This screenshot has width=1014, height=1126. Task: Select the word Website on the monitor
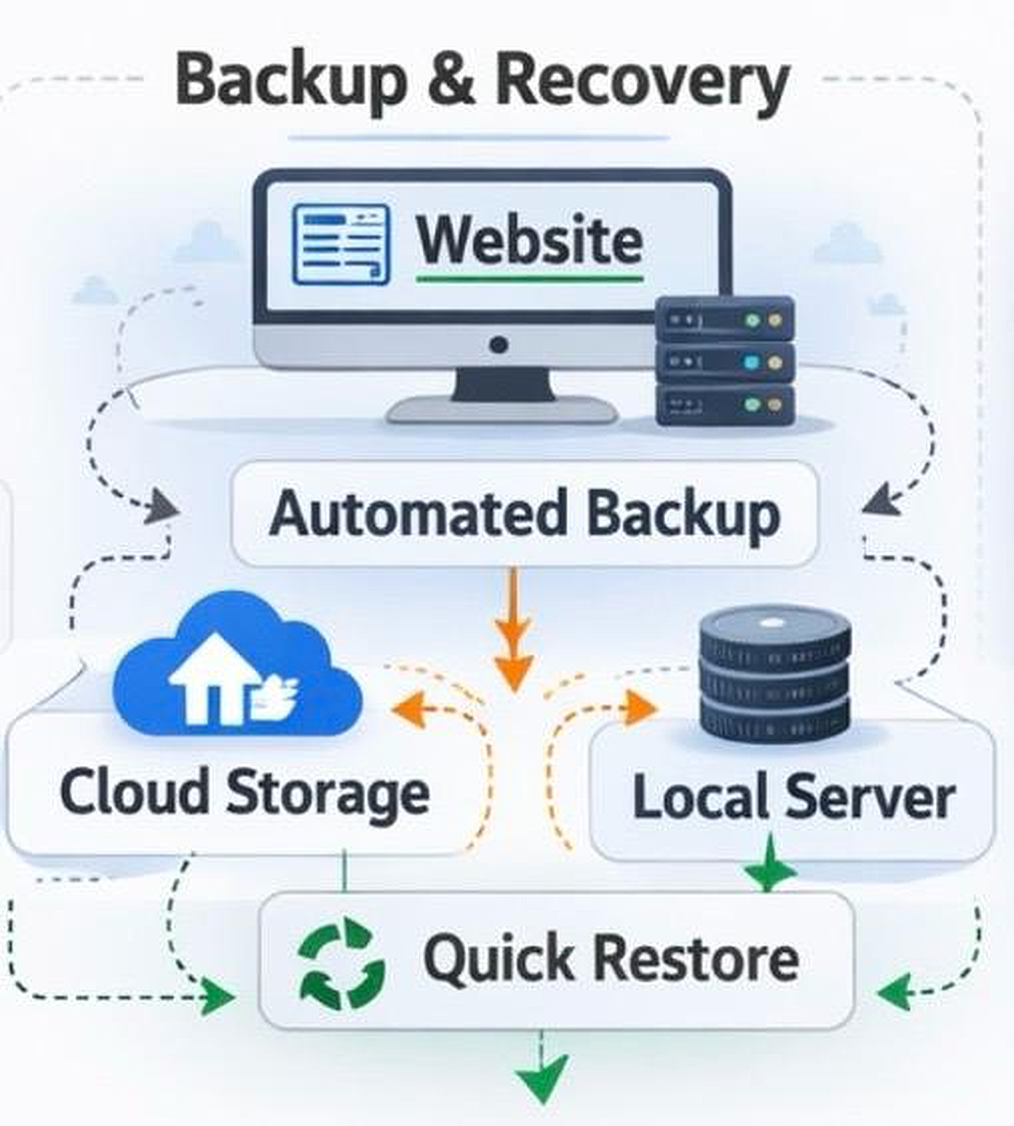529,240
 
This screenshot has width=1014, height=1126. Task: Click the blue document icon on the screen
340,243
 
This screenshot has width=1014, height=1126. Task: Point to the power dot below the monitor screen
499,345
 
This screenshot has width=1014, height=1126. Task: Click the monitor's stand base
502,408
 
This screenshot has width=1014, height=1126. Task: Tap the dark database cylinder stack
774,674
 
